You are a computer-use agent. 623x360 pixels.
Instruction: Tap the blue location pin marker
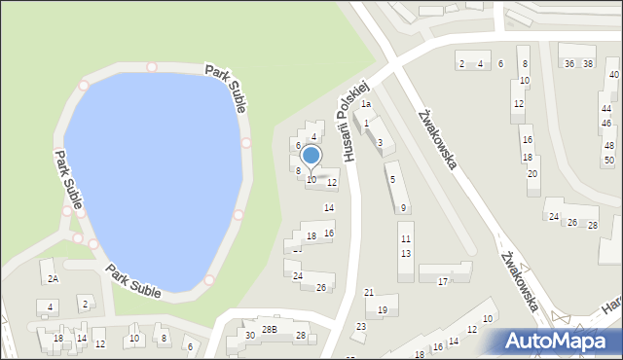[311, 156]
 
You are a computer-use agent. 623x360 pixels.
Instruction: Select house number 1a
[366, 103]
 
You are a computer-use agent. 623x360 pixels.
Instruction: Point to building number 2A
[54, 278]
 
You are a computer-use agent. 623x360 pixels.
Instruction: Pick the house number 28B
[270, 329]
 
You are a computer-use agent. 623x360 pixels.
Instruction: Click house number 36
[568, 63]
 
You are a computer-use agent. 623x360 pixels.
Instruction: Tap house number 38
[588, 63]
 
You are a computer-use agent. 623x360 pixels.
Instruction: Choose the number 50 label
[608, 160]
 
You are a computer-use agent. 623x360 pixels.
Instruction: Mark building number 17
[442, 281]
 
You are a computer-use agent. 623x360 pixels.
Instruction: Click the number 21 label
[369, 292]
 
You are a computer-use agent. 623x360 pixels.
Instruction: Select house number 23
[361, 326]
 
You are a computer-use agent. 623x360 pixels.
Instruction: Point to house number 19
[383, 310]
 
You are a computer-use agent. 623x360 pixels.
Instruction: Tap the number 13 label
[405, 253]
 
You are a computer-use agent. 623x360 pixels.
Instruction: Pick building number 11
[405, 238]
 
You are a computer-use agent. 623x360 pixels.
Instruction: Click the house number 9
[403, 207]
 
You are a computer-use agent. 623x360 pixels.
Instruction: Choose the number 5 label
[391, 179]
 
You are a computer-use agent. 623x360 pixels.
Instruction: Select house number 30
[250, 335]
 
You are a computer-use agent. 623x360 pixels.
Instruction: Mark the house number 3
[380, 143]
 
